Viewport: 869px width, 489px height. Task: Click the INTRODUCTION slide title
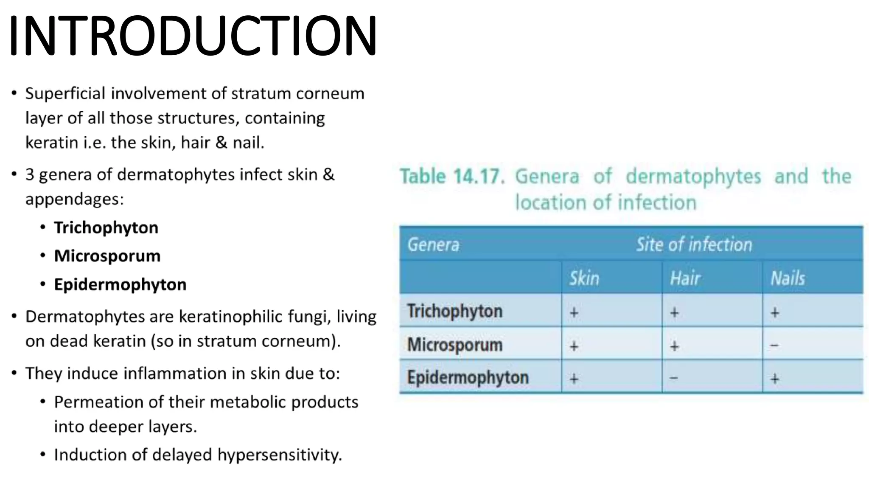point(193,36)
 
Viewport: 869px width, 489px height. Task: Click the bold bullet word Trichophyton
point(106,228)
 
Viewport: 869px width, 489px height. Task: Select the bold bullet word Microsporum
point(107,256)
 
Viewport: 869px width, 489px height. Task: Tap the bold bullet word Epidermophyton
point(120,284)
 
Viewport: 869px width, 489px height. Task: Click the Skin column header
point(584,278)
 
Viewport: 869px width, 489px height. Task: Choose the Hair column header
point(685,278)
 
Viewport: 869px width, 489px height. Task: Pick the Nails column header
point(788,278)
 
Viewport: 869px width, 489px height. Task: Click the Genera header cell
point(433,245)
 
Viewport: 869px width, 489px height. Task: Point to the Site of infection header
point(694,245)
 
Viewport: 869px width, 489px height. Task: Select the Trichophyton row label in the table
point(454,311)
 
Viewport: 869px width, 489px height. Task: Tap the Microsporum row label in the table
point(454,344)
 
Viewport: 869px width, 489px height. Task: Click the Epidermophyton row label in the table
point(468,377)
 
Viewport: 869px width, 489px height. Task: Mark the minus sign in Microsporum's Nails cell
point(774,346)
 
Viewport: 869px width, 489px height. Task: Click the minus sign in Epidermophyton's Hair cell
point(674,378)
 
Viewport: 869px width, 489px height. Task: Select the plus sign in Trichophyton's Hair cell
point(674,313)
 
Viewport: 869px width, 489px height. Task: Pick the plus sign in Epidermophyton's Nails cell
point(775,378)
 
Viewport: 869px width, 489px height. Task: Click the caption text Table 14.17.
point(452,177)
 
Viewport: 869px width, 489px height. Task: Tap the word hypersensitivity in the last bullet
point(280,455)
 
